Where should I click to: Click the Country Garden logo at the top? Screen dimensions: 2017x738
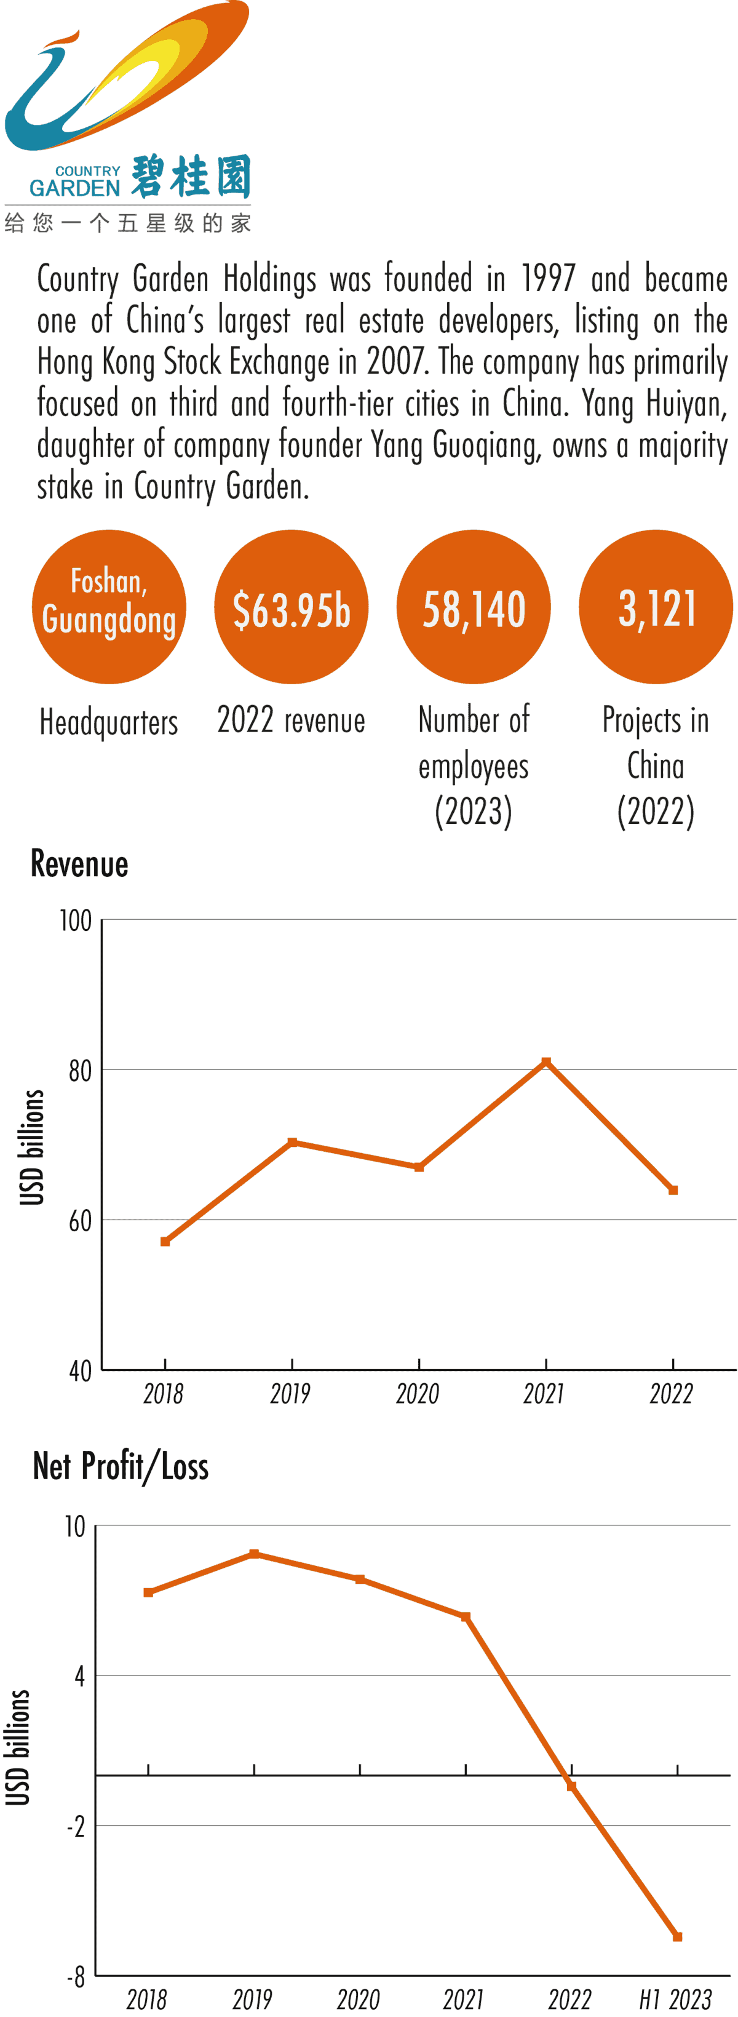pyautogui.click(x=127, y=118)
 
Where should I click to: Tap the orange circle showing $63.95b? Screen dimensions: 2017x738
pyautogui.click(x=291, y=607)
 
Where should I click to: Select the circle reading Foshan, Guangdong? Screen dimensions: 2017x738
pyautogui.click(x=109, y=607)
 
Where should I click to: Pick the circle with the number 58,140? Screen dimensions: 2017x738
pyautogui.click(x=474, y=607)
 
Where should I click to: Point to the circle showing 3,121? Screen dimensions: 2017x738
pyautogui.click(x=656, y=607)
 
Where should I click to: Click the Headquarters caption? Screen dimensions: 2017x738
pyautogui.click(x=109, y=722)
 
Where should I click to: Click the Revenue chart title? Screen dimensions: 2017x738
pyautogui.click(x=79, y=864)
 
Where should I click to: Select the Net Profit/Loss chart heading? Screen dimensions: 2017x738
pyautogui.click(x=121, y=1466)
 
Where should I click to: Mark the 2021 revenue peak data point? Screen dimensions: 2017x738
pyautogui.click(x=546, y=1062)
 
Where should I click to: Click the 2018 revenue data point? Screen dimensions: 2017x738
pyautogui.click(x=165, y=1241)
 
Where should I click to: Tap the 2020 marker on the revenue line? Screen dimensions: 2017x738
pyautogui.click(x=419, y=1167)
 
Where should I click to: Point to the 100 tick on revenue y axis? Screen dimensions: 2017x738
pyautogui.click(x=76, y=921)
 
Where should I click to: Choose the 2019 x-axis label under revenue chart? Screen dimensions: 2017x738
pyautogui.click(x=290, y=1394)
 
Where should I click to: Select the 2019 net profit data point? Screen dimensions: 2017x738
pyautogui.click(x=255, y=1554)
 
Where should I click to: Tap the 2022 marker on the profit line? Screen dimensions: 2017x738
pyautogui.click(x=571, y=1786)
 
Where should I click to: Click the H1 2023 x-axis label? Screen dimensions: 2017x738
pyautogui.click(x=675, y=1999)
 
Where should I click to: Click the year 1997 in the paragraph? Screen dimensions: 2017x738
pyautogui.click(x=548, y=279)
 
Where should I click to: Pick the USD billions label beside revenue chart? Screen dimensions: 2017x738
pyautogui.click(x=31, y=1147)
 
